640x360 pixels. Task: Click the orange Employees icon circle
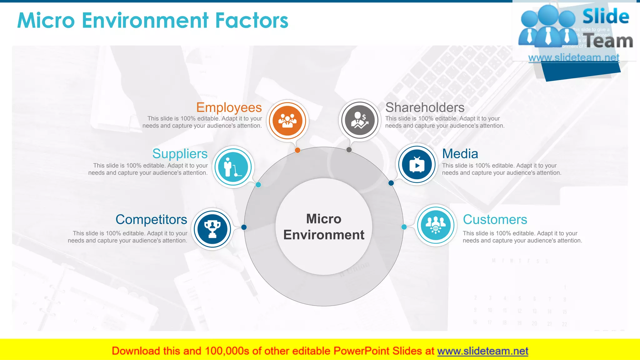[287, 121]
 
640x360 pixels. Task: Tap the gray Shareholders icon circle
[360, 120]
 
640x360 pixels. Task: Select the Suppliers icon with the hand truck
[233, 167]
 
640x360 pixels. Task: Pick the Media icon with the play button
[417, 164]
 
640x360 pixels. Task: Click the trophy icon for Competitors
[212, 229]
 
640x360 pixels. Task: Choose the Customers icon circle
[436, 225]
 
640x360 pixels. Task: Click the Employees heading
[229, 107]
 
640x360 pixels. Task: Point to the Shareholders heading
[425, 107]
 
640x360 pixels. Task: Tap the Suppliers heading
[180, 154]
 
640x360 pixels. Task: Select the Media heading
[460, 154]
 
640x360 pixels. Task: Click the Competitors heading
[151, 220]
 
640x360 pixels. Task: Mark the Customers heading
[495, 220]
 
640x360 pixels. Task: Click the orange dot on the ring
[297, 150]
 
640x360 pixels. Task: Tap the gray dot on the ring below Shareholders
[349, 150]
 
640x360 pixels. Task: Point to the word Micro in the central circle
[324, 219]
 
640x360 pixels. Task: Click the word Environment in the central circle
[324, 235]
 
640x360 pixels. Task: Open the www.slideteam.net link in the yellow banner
[482, 351]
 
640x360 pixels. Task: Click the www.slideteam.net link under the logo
[573, 57]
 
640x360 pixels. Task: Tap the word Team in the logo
[608, 41]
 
